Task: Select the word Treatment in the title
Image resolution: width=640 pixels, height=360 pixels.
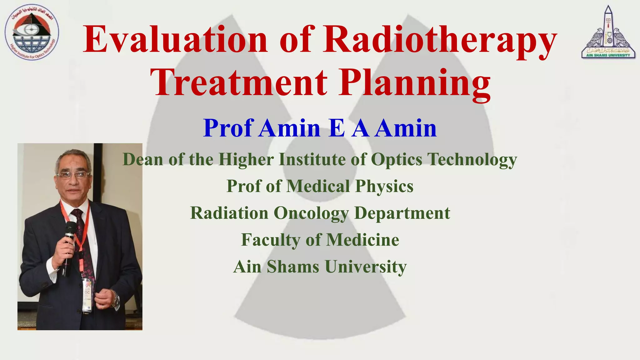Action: [239, 82]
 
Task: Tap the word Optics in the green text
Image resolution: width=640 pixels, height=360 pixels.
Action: [397, 159]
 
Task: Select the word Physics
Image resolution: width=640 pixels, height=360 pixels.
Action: [384, 187]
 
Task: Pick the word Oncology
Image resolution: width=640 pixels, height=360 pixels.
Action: [311, 214]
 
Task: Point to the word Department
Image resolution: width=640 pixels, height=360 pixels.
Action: [402, 214]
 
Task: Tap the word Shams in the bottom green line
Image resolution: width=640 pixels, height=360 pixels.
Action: [293, 267]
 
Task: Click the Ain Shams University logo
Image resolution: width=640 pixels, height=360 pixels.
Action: [608, 33]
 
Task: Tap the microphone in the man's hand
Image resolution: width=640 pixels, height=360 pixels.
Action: [69, 244]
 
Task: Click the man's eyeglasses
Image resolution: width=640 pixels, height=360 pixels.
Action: [73, 175]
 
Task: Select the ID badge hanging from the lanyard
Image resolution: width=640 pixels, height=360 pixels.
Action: [87, 295]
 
